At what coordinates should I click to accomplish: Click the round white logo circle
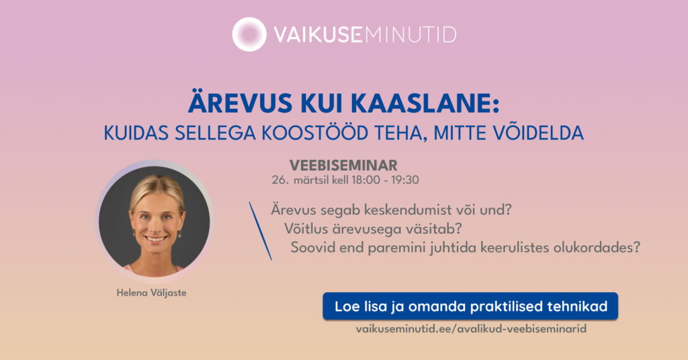click(x=249, y=34)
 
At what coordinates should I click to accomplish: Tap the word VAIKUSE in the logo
click(x=318, y=35)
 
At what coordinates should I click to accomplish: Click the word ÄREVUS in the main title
click(x=240, y=103)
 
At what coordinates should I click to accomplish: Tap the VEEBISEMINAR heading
click(x=343, y=165)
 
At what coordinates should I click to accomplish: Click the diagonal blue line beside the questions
click(x=260, y=231)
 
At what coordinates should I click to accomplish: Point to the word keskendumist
click(x=392, y=210)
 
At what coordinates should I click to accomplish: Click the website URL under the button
click(x=471, y=329)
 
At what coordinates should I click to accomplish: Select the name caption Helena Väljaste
click(x=151, y=292)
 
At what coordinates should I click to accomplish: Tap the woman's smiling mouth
click(x=155, y=239)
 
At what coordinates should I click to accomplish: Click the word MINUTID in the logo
click(x=411, y=35)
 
